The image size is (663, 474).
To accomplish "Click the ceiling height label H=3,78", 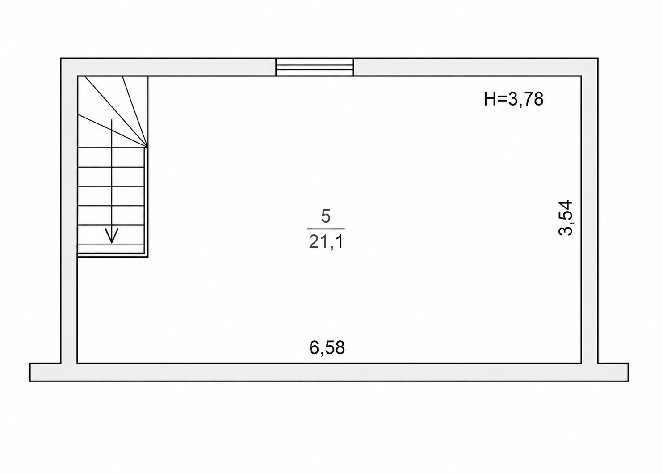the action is pyautogui.click(x=513, y=99).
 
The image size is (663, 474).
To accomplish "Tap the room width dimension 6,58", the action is pyautogui.click(x=327, y=347).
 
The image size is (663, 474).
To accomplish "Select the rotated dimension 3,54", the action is pyautogui.click(x=565, y=218).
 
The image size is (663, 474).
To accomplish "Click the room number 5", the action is pyautogui.click(x=326, y=216).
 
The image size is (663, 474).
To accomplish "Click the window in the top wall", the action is pyautogui.click(x=315, y=67).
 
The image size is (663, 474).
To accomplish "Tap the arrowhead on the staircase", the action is pyautogui.click(x=112, y=236).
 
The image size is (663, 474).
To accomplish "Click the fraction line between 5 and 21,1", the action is pyautogui.click(x=326, y=229).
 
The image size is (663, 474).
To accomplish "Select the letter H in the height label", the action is pyautogui.click(x=490, y=99).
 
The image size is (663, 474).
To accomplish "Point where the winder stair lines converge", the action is pyautogui.click(x=147, y=147).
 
